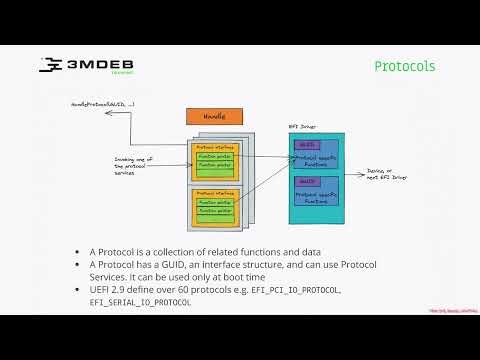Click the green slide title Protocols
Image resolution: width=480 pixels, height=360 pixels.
point(404,67)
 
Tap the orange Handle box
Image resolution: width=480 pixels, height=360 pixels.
point(214,117)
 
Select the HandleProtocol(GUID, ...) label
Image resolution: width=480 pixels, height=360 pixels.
point(103,103)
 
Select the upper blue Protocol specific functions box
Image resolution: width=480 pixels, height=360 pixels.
point(317,154)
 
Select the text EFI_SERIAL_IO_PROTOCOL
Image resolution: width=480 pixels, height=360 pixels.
point(140,301)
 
